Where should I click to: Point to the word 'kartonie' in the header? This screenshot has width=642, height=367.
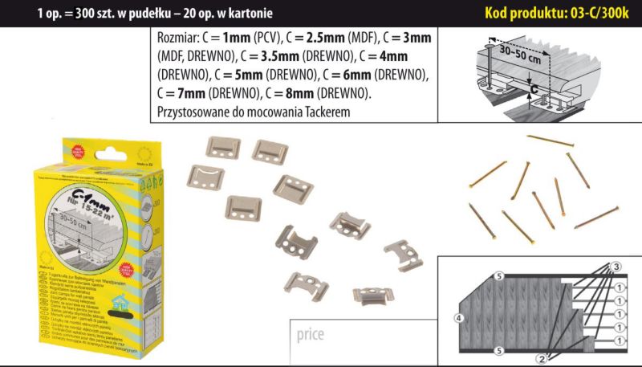249,13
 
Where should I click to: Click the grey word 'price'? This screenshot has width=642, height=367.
308,333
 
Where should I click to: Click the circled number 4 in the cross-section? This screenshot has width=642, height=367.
458,319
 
